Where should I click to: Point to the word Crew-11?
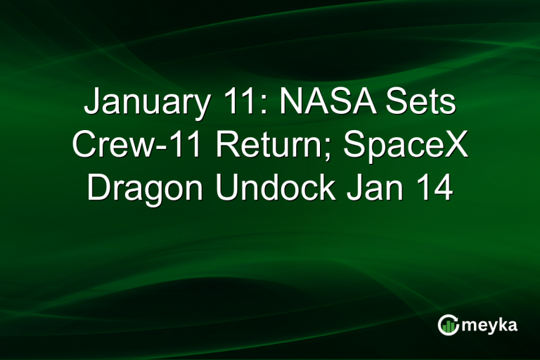click(138, 147)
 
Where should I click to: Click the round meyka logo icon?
click(449, 324)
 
